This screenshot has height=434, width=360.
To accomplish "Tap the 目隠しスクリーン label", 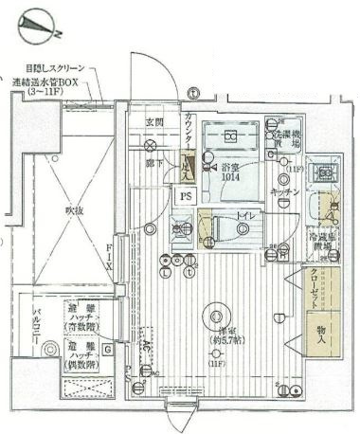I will click(x=55, y=68).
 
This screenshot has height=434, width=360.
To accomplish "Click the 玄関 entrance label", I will click(x=154, y=121).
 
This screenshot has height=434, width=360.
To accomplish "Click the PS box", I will click(x=186, y=196).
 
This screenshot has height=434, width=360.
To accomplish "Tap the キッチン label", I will click(x=284, y=191).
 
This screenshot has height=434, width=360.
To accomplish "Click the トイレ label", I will click(x=244, y=217).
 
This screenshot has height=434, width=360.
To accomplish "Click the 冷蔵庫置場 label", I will click(x=325, y=244).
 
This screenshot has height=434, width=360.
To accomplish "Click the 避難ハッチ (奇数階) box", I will click(x=83, y=316).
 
